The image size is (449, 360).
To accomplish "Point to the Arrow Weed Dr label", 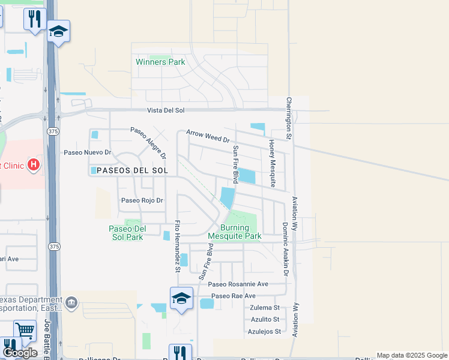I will click(208, 136).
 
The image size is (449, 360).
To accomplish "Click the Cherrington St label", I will click(289, 119).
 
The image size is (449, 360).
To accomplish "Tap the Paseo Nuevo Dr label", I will click(88, 152).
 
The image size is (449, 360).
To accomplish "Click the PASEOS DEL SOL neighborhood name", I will click(124, 170).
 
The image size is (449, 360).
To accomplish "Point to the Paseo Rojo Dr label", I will click(142, 200).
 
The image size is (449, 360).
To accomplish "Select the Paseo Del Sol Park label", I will click(127, 233).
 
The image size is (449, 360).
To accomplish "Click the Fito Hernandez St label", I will click(177, 246).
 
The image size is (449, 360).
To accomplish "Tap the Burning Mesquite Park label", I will click(235, 232).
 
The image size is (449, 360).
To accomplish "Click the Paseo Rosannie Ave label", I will click(238, 284).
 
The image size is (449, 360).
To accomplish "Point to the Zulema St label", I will click(265, 307).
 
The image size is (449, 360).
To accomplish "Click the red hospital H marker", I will click(34, 164).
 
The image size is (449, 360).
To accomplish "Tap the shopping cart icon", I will click(25, 330).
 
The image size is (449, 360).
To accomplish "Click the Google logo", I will click(20, 353).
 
